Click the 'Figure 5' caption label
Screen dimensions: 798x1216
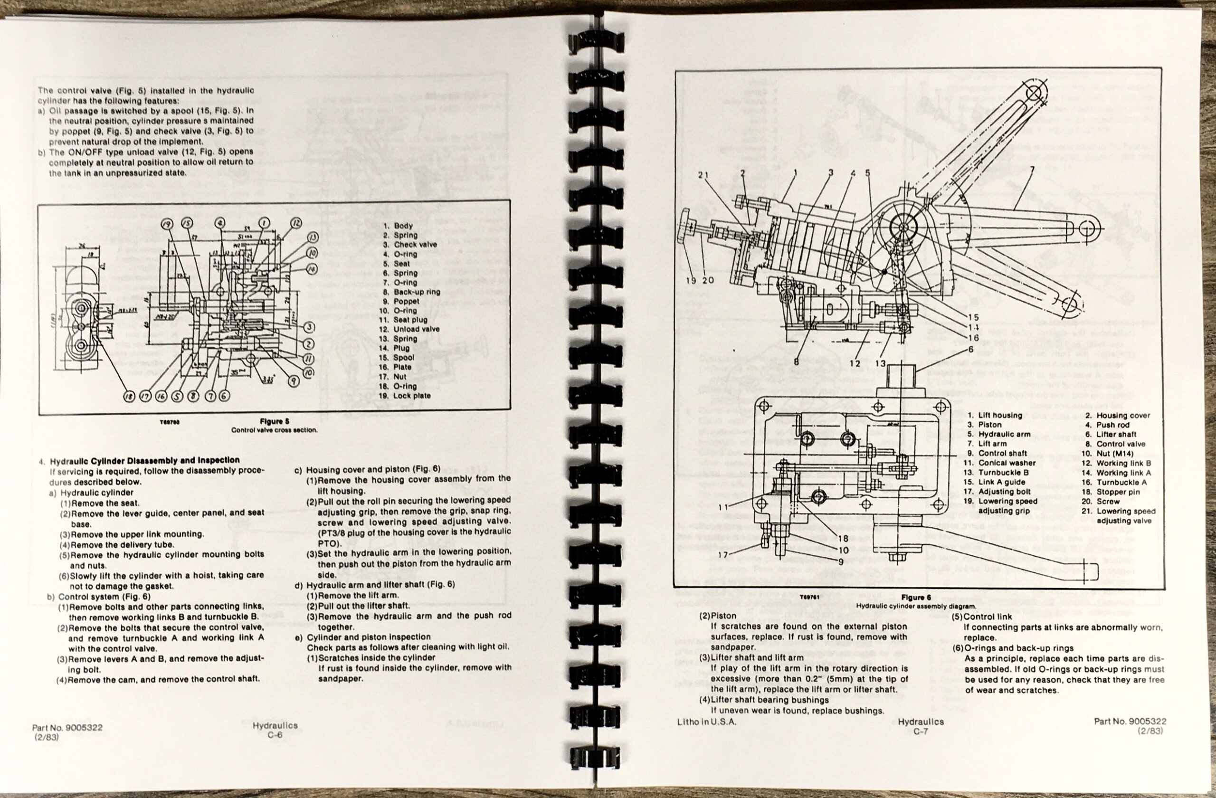coord(275,421)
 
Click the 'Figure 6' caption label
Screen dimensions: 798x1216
coord(916,597)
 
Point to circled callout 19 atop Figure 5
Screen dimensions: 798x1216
coord(168,223)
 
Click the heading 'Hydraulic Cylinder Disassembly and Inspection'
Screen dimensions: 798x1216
coord(144,460)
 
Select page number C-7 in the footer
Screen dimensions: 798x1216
coord(921,731)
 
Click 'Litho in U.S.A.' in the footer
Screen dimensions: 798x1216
coord(707,722)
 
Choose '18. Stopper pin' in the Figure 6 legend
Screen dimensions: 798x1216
coord(1118,492)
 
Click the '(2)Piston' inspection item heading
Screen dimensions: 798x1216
coord(718,616)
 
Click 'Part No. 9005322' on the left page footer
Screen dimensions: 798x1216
coord(67,728)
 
